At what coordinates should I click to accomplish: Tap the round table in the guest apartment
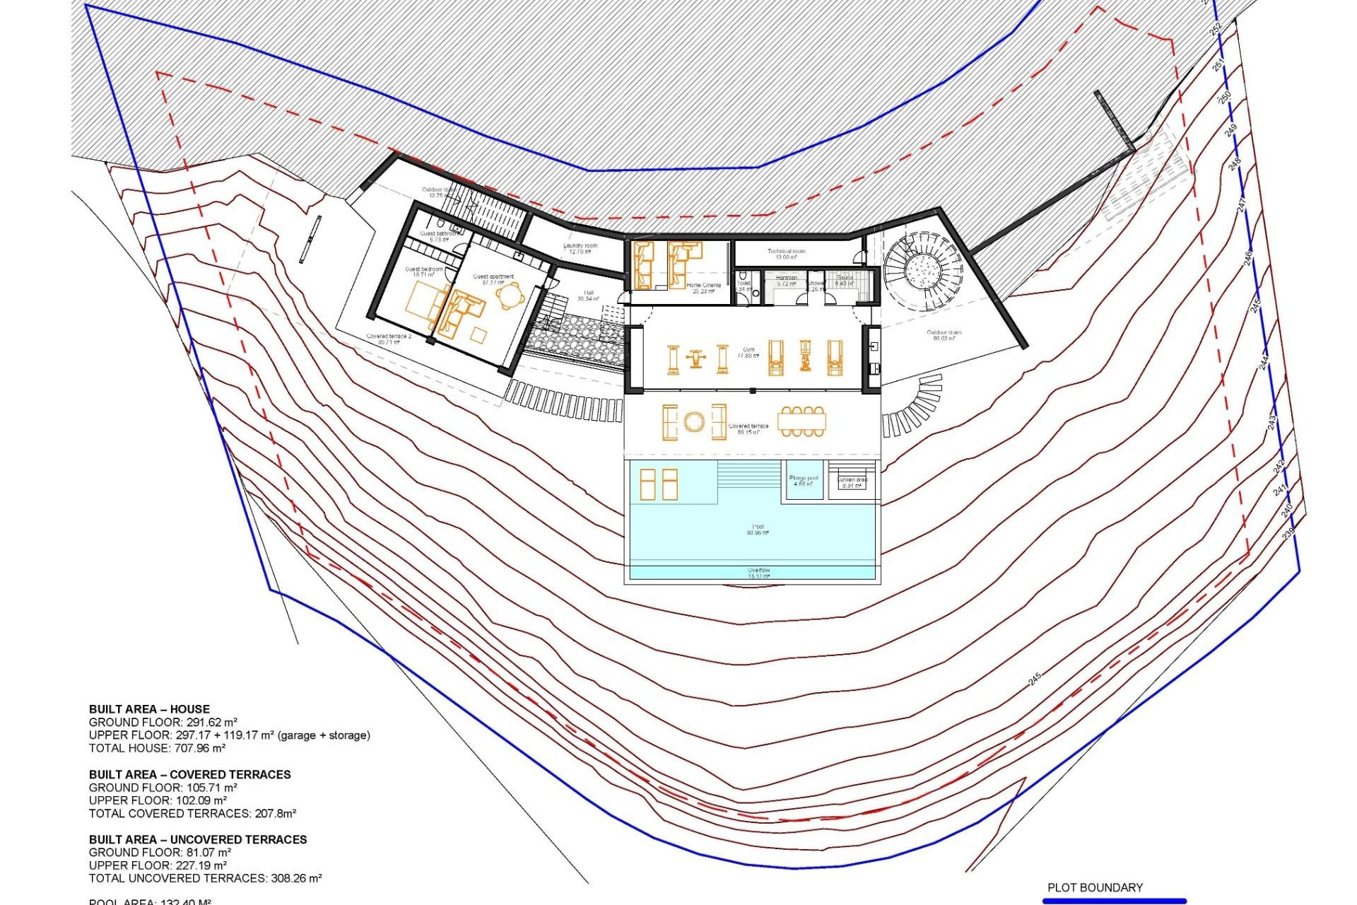[x=510, y=296]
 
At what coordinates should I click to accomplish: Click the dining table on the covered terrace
[x=801, y=422]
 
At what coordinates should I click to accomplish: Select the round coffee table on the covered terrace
[x=694, y=423]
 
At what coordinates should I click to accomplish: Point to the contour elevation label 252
[x=1216, y=30]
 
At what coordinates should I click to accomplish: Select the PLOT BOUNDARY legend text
[x=1095, y=887]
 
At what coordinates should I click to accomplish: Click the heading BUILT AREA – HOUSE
[x=149, y=709]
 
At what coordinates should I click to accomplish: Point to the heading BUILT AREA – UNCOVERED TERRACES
[x=198, y=839]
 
